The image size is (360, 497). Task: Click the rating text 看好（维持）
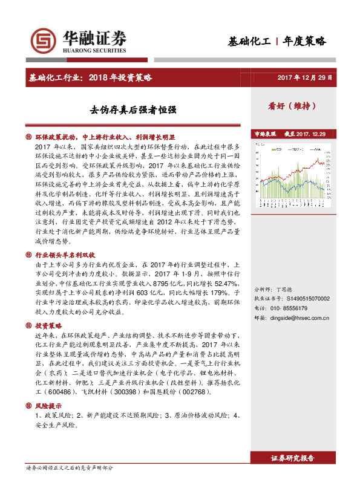point(293,105)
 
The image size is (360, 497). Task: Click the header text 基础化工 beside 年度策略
point(248,42)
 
